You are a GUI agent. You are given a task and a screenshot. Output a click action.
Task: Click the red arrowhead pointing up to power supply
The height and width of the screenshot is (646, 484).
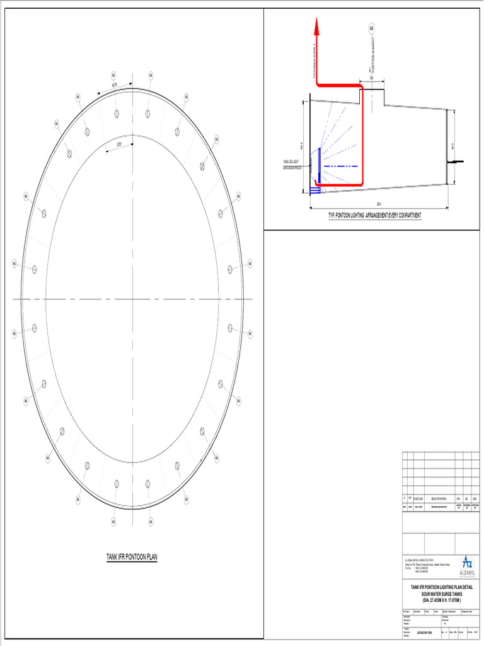316,26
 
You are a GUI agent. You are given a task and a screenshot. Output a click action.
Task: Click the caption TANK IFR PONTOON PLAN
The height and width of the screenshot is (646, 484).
132,557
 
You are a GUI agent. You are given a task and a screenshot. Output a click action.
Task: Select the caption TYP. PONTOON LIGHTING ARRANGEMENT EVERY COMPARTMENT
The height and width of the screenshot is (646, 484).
374,216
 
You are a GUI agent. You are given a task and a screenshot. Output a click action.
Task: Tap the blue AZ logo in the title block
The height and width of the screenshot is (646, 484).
466,561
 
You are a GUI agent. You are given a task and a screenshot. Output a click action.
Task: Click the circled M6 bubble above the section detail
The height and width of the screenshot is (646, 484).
372,29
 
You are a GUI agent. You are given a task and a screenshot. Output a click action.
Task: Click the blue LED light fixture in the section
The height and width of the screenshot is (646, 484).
320,165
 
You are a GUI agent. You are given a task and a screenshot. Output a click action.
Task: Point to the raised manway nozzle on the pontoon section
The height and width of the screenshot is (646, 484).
372,97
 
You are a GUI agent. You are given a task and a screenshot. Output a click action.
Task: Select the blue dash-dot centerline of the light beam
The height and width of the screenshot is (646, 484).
343,166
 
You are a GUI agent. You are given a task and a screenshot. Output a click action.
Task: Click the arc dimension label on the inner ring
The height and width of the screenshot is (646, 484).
120,144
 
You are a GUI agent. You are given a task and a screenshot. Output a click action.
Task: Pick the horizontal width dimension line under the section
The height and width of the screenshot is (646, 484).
378,207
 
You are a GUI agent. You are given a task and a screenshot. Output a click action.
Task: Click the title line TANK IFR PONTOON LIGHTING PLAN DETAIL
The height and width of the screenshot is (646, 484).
441,588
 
